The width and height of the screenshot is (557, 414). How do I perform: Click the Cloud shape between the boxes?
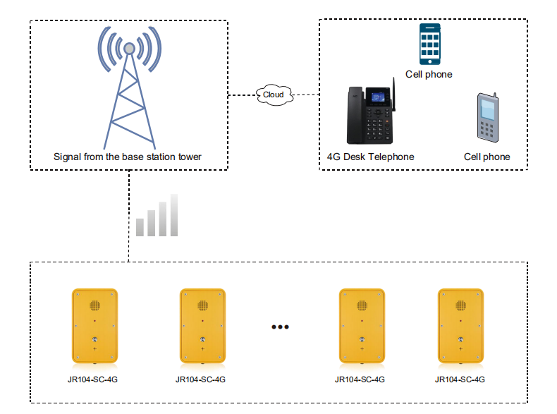coord(274,95)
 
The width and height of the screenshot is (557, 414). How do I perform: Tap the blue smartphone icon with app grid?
coord(430,44)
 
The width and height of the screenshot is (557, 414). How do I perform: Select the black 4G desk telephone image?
coord(371,113)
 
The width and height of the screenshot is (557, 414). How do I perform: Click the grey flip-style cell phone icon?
coord(488,118)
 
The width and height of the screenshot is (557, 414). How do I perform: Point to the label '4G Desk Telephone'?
coord(370,157)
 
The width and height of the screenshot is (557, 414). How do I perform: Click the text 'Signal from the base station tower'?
coord(127,157)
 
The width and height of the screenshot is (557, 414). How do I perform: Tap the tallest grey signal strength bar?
coord(174,215)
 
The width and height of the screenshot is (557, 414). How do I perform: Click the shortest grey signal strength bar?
coord(140,227)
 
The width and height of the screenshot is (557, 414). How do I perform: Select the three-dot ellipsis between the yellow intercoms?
coord(281,327)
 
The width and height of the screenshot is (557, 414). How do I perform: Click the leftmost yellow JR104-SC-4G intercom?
coord(95,326)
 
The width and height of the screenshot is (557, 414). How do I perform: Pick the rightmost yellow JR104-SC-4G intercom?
coord(460,326)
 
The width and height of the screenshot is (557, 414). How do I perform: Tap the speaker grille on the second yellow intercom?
coord(203,305)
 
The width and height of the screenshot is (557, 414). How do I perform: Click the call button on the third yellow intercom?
coord(362,339)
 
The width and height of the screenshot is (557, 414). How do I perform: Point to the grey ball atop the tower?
coord(129,49)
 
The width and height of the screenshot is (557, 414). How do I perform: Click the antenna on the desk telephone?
coord(393,95)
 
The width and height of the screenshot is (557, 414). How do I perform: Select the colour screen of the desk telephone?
coord(378,97)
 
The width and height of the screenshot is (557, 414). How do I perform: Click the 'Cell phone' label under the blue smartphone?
coord(429,74)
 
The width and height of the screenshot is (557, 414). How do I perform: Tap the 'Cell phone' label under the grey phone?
coord(487,157)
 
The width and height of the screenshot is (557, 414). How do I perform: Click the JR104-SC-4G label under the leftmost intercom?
coord(92,379)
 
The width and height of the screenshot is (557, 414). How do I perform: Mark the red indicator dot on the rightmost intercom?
coord(460,321)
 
